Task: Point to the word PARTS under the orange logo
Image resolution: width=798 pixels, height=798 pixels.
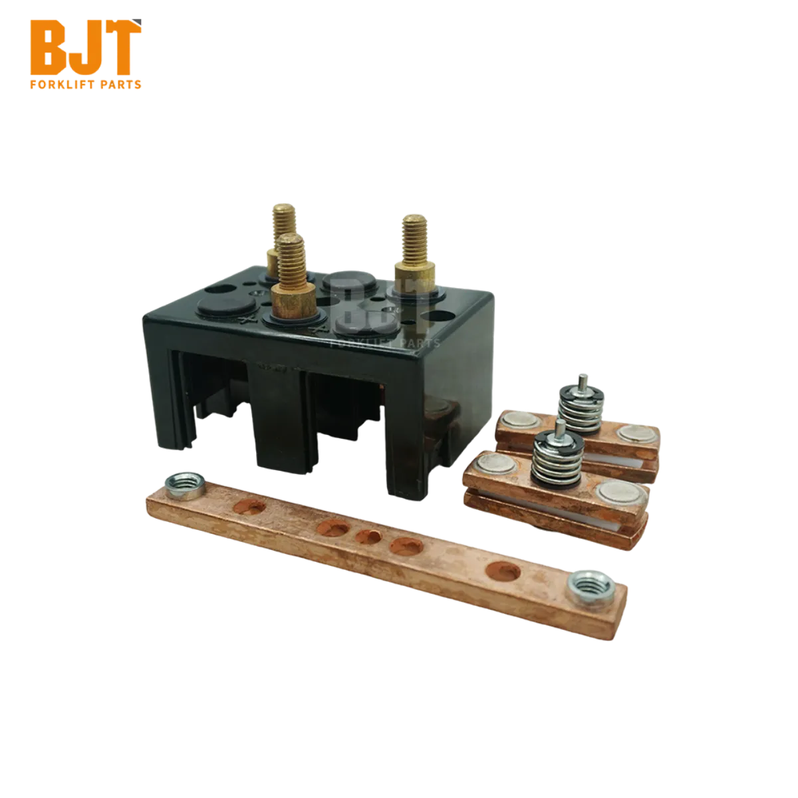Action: coord(121,85)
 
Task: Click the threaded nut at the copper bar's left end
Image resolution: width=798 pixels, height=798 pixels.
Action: coord(185,485)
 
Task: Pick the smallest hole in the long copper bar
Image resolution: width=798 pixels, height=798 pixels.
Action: coord(368,537)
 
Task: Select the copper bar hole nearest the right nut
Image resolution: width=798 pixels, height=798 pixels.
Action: coord(503,571)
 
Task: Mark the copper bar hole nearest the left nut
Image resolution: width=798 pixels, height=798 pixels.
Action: coord(249,507)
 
